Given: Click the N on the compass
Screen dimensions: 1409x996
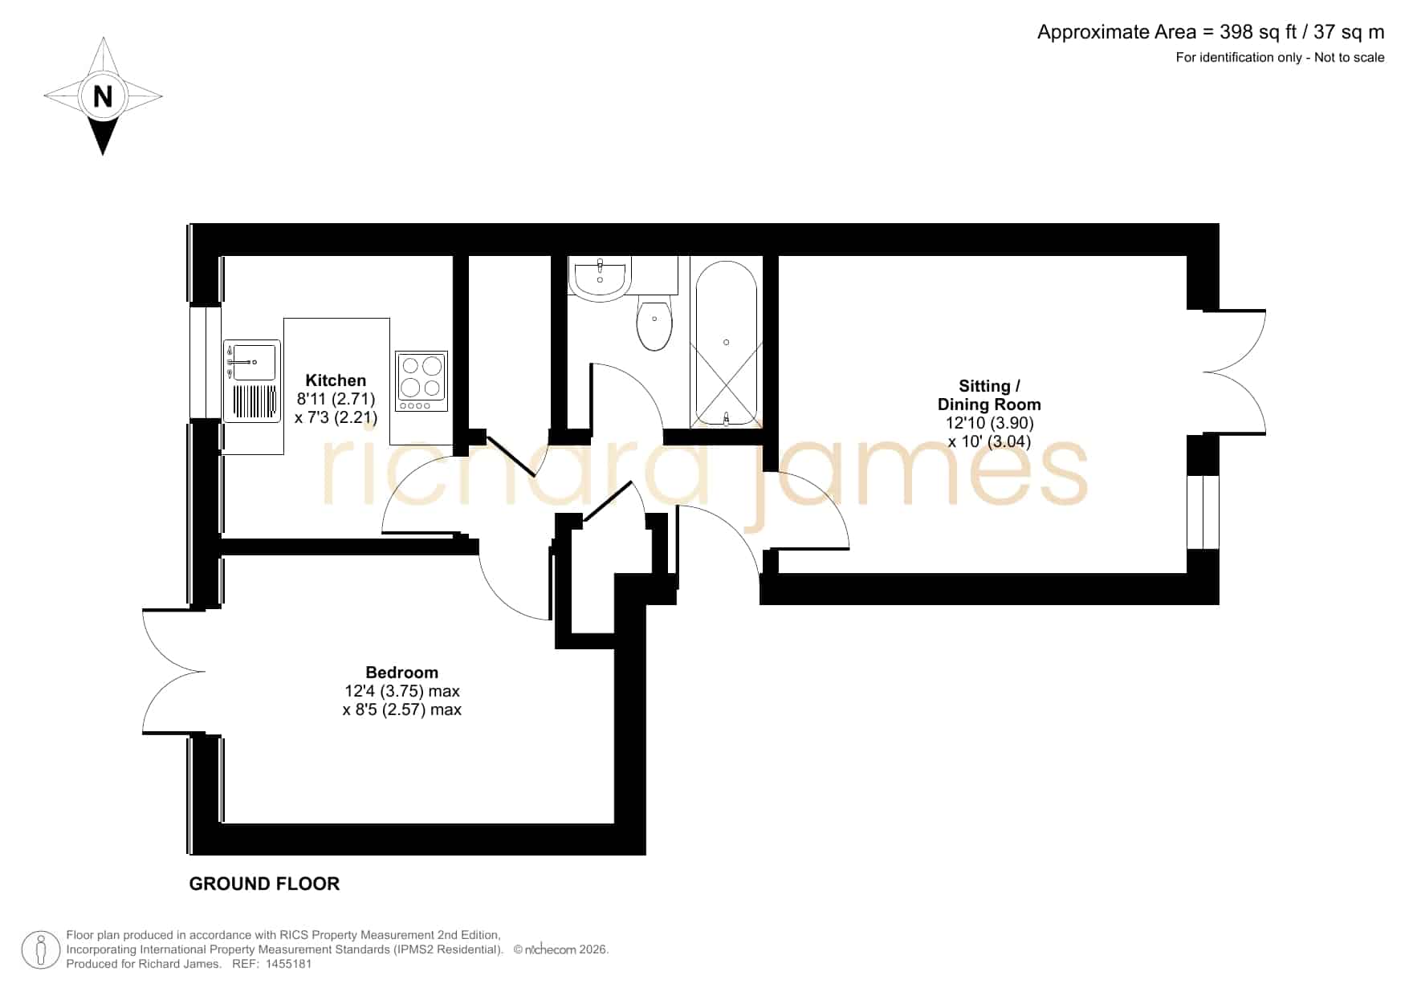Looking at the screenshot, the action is (x=103, y=96).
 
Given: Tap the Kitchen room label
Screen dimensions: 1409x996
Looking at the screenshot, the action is (x=336, y=380).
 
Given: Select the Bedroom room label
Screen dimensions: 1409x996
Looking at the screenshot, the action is (x=401, y=673).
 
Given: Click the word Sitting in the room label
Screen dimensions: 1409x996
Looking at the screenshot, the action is (x=984, y=386).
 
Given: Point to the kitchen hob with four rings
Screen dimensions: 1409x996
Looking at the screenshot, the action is (x=421, y=381).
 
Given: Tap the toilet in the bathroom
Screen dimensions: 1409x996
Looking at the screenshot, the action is (x=654, y=323).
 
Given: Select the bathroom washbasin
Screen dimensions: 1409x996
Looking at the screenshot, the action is (x=599, y=278).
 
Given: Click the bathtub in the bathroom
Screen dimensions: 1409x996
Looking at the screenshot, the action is (x=726, y=343).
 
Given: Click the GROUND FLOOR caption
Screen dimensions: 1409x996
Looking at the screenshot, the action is (x=264, y=884).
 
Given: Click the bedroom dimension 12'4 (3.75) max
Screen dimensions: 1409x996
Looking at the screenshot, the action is (x=402, y=691).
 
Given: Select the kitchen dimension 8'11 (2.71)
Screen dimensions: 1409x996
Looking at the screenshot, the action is (x=336, y=399).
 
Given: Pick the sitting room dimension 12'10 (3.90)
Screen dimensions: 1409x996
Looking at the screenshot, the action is (x=989, y=423).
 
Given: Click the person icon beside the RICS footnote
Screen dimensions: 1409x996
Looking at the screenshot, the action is (x=41, y=950).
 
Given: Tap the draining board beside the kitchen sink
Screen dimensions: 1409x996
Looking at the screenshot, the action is (x=254, y=402).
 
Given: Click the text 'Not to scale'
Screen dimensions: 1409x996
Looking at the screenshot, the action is (x=1349, y=57).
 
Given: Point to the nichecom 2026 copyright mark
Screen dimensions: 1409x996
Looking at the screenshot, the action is (x=560, y=949).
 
